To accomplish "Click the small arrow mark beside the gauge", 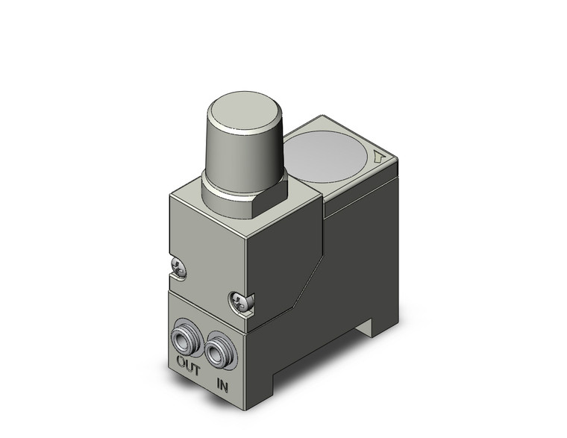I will [x=379, y=157].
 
